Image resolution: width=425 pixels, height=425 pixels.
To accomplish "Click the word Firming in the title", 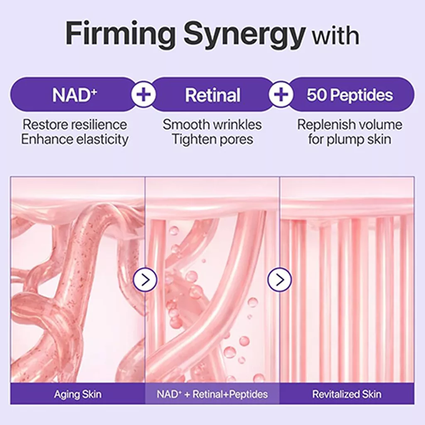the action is (x=120, y=35).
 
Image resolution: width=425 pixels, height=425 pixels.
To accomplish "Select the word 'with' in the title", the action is (x=336, y=36).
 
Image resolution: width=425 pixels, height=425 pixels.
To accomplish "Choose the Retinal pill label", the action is (x=212, y=95).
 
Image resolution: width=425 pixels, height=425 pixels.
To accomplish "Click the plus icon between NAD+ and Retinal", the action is (x=144, y=95).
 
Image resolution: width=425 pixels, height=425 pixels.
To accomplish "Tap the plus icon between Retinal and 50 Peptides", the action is (x=281, y=95).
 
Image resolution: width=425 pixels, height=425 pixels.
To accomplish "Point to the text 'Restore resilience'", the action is (x=75, y=125).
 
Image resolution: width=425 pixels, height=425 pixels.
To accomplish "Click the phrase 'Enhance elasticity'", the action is (x=75, y=139).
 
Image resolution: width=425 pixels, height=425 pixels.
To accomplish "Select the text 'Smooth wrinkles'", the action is (x=212, y=125).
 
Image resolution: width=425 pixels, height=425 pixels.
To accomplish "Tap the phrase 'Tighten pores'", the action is (x=212, y=139).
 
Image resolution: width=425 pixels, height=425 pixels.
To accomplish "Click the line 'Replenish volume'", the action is (x=349, y=125).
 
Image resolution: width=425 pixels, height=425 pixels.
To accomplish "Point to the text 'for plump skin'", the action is (x=349, y=139).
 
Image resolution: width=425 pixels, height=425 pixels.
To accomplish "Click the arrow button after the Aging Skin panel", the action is (x=145, y=280).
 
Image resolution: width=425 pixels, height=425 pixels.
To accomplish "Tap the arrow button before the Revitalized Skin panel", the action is (x=279, y=280).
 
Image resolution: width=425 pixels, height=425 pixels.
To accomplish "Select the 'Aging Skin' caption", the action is (x=78, y=394).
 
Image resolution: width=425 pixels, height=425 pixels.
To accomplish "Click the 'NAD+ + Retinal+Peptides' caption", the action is (x=212, y=394).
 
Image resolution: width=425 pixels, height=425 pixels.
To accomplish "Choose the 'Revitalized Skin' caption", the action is (x=347, y=394).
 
